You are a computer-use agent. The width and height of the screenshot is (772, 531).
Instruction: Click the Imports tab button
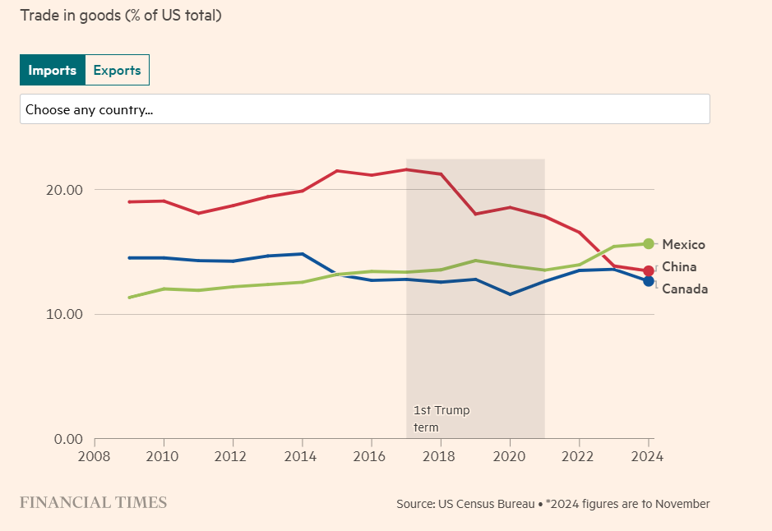[x=53, y=70]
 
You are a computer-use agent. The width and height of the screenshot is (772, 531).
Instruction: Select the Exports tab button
[x=117, y=70]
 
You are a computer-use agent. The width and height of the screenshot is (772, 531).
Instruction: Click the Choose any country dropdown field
[x=364, y=109]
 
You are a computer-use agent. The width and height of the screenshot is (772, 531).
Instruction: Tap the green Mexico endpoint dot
[x=649, y=243]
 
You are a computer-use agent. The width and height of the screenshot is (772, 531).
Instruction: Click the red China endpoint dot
[x=649, y=270]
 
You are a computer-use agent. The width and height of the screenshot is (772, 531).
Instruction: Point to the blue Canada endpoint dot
[x=649, y=281]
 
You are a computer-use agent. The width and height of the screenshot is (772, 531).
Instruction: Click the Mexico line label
[x=683, y=244]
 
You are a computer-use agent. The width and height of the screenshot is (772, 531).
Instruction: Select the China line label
[x=679, y=266]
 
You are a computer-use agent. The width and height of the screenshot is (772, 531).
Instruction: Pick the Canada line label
[x=684, y=289]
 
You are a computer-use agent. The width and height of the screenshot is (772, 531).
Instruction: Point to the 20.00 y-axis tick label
[x=64, y=190]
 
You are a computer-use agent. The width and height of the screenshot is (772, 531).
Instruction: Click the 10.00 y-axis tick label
[x=64, y=314]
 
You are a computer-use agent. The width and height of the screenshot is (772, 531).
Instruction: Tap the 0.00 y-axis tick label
[x=67, y=439]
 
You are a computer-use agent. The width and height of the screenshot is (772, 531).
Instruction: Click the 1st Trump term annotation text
[x=441, y=418]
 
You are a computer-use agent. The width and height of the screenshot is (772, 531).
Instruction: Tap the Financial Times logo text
[x=93, y=502]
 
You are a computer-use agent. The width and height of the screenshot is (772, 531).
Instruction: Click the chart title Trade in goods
[x=120, y=16]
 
